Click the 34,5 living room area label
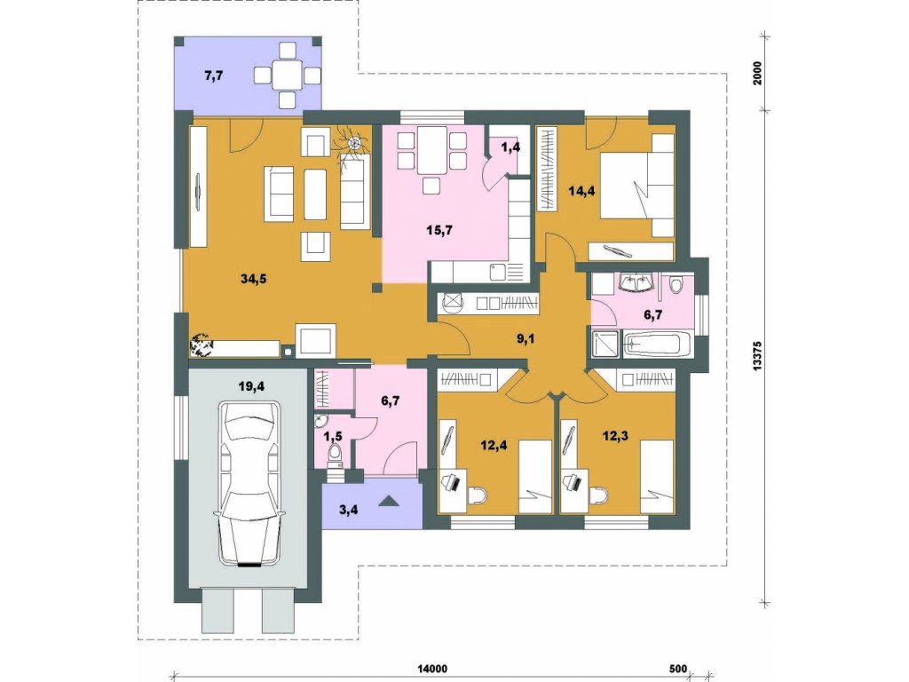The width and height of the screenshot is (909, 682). (253, 279)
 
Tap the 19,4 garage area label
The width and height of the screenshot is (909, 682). (251, 386)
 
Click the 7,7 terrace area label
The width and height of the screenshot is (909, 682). (214, 75)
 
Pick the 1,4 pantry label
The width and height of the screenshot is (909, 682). (510, 147)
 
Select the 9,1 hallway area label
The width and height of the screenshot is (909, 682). (526, 338)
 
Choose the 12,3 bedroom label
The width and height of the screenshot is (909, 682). (616, 435)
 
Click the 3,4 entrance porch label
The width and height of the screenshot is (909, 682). (348, 511)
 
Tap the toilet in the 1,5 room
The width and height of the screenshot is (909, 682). (335, 454)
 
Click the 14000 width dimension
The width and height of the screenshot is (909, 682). (432, 669)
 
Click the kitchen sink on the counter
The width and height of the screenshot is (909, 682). (498, 272)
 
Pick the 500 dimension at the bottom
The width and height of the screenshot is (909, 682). (677, 669)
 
